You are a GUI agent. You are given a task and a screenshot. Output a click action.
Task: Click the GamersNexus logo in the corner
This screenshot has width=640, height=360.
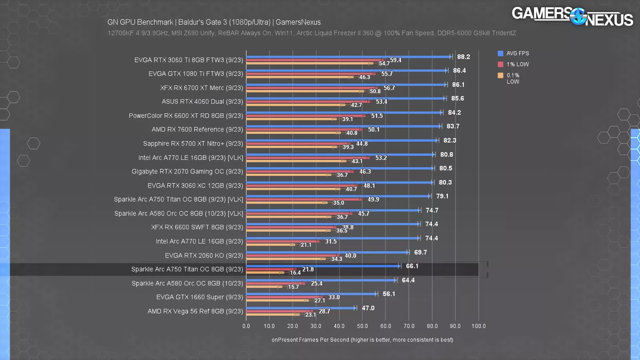[x=572, y=16]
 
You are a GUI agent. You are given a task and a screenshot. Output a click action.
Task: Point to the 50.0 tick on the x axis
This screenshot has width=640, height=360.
[x=362, y=326]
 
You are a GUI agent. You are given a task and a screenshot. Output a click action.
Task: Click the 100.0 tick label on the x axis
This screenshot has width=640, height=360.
[x=478, y=326]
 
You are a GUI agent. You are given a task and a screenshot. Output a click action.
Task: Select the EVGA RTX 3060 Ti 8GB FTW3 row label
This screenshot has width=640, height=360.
[x=189, y=60]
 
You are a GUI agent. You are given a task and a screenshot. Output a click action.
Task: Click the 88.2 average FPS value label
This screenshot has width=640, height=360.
[x=464, y=57]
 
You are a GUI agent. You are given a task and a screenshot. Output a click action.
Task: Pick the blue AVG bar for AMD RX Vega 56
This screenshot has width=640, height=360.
[x=300, y=308]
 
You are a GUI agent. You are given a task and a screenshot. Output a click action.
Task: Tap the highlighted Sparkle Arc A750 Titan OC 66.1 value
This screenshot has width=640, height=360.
[x=412, y=266]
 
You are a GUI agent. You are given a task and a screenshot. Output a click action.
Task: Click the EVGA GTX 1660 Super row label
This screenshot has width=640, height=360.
[x=200, y=297]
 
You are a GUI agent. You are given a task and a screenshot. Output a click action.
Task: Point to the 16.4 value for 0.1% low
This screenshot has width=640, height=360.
[x=295, y=273]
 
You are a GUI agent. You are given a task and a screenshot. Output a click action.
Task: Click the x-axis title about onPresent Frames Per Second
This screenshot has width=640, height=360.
[x=362, y=340]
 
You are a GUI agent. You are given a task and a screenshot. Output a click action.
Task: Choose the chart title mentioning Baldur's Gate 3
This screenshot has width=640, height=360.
[x=214, y=22]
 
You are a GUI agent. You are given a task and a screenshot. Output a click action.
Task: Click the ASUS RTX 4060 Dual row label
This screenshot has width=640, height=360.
[x=202, y=102]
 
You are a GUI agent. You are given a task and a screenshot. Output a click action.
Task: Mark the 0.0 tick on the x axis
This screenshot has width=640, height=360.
[x=246, y=326]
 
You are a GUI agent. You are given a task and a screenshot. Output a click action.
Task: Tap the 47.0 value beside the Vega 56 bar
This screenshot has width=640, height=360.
[x=368, y=308]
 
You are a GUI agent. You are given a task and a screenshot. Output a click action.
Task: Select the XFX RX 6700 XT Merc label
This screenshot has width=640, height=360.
[x=202, y=88]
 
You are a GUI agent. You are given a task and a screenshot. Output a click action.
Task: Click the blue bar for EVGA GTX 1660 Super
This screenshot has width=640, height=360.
[x=311, y=294]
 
